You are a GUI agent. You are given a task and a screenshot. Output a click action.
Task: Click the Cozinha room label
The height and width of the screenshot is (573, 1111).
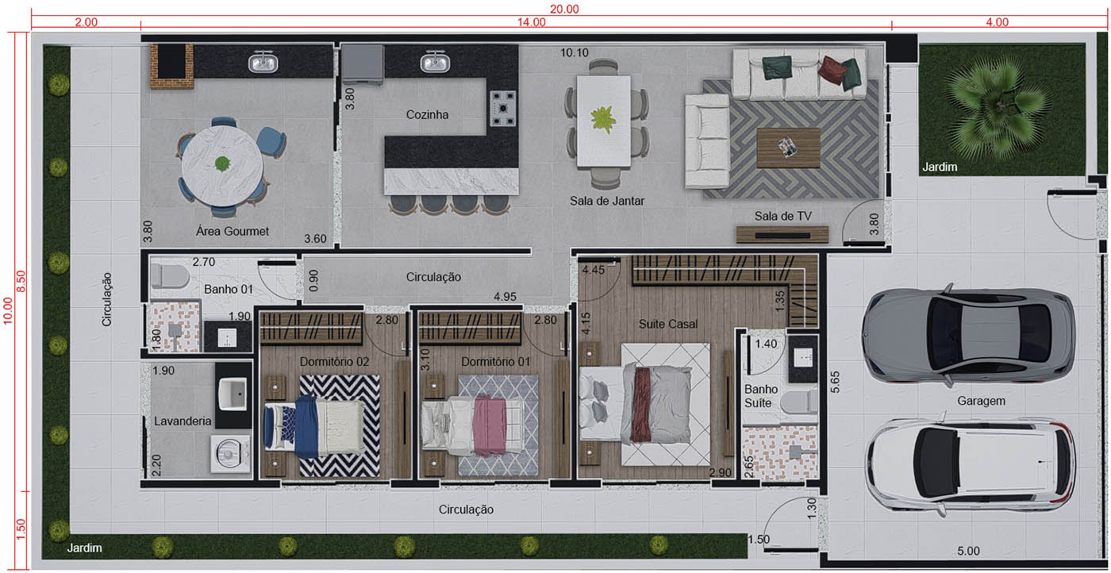pos(428,114)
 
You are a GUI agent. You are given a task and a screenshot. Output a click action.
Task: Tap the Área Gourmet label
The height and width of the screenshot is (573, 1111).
pos(233,232)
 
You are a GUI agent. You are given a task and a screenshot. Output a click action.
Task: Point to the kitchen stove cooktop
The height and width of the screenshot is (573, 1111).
pos(504,109)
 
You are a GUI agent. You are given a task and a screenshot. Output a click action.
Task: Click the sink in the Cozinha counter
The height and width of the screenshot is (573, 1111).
pos(434,62)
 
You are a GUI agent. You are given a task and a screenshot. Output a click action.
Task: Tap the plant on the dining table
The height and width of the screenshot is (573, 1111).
pos(604,119)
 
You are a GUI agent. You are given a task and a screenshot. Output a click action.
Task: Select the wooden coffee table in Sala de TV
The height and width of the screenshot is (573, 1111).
pos(788,148)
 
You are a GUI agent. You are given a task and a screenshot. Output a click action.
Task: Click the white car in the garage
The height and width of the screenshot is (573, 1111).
pos(970,463)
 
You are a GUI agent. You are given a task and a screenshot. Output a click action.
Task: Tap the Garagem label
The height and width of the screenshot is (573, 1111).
pos(981,402)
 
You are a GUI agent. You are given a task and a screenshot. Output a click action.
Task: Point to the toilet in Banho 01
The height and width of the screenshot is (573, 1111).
pos(169,275)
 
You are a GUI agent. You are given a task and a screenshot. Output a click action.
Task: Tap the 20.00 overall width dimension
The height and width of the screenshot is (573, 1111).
pos(564,9)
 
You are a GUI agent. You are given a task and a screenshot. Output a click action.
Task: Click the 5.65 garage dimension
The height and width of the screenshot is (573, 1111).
pos(834,382)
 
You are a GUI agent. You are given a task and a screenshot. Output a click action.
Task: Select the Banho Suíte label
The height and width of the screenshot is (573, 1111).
pos(758,396)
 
